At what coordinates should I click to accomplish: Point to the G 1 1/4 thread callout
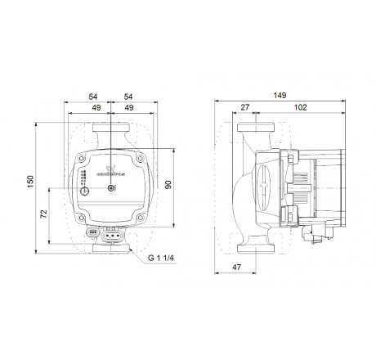point(162,260)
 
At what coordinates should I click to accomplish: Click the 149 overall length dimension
point(280,95)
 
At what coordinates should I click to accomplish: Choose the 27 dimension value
point(245,106)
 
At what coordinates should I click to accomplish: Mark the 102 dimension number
point(300,106)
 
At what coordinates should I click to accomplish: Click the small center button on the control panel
point(113,191)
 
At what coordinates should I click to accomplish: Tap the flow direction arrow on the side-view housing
point(263,186)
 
